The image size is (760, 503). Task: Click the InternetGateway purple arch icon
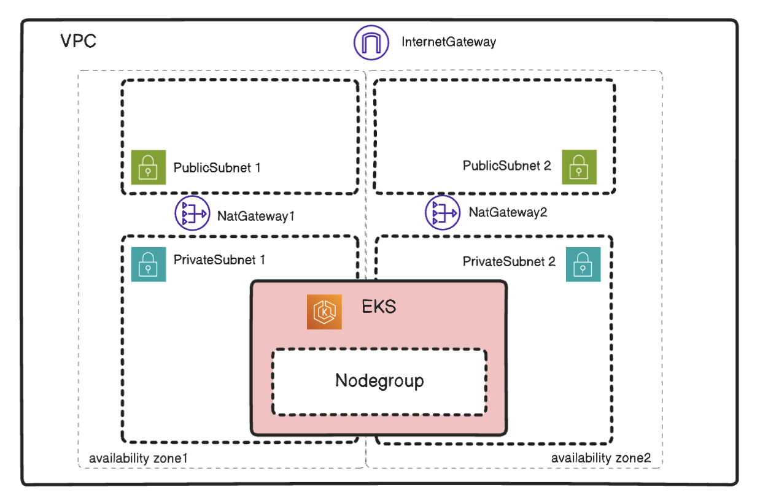[x=371, y=42]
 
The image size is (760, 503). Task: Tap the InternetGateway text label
[x=448, y=42]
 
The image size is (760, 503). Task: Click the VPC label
[x=78, y=42]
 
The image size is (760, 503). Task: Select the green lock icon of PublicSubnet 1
[x=149, y=167]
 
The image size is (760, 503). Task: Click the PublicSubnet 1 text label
[x=217, y=167]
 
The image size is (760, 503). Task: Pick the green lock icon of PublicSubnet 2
[x=580, y=166]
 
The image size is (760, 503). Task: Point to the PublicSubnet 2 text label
[x=507, y=166]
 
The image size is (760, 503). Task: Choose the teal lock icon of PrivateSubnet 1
[x=149, y=264]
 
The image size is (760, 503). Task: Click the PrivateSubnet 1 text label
[x=219, y=259]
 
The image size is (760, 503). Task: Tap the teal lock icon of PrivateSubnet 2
[x=583, y=264]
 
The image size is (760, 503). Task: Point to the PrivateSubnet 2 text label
[x=509, y=261]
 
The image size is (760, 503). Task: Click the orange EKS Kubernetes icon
[x=324, y=312]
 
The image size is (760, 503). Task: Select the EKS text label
[x=379, y=306]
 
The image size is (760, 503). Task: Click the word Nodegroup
[x=379, y=380]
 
